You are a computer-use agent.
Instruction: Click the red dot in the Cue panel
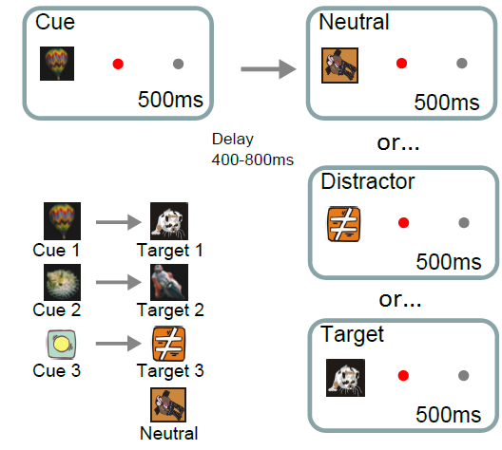118,65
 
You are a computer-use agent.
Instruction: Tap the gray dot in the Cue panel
178,65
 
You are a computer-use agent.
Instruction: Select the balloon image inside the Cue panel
56,64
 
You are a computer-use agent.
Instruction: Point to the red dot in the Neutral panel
401,64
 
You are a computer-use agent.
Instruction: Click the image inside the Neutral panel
340,64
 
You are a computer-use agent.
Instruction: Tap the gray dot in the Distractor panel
462,223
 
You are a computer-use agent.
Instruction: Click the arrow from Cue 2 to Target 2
115,282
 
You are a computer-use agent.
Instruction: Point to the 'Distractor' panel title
367,180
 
